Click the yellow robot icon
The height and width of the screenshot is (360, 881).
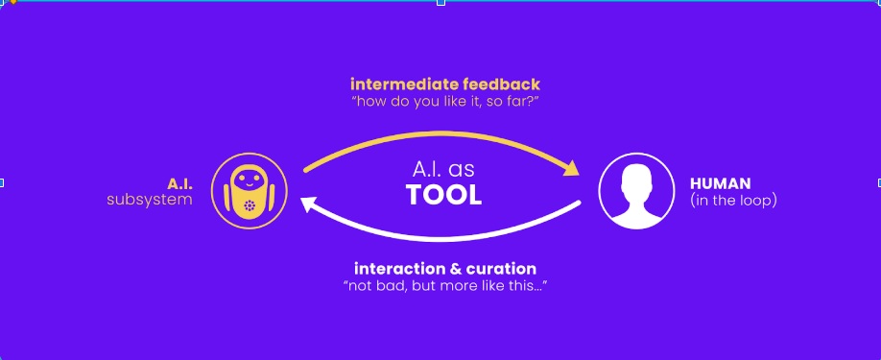[x=250, y=191]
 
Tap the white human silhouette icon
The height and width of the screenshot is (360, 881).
[x=636, y=191]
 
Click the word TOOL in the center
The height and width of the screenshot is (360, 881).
[x=444, y=196]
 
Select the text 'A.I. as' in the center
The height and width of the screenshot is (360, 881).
[x=444, y=170]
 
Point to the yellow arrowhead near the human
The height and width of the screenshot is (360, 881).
[x=570, y=168]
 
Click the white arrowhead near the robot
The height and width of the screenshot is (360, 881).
[x=311, y=205]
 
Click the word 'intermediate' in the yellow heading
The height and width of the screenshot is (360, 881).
[x=403, y=84]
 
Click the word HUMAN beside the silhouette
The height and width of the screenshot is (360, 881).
[x=721, y=183]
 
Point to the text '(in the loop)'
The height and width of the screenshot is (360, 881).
[x=733, y=201]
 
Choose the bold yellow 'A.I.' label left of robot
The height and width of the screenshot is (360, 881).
[x=179, y=183]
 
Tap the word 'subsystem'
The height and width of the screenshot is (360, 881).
[x=150, y=200]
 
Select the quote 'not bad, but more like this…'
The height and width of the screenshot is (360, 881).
[x=445, y=285]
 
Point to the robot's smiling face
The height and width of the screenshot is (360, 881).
[x=248, y=180]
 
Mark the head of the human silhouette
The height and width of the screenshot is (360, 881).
[x=636, y=180]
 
